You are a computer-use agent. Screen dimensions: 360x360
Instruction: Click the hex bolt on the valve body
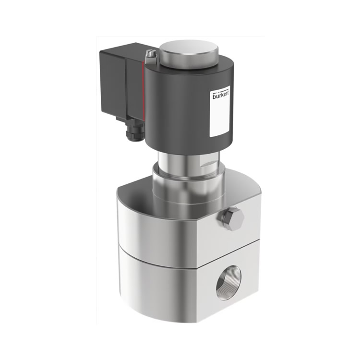[230, 219]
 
